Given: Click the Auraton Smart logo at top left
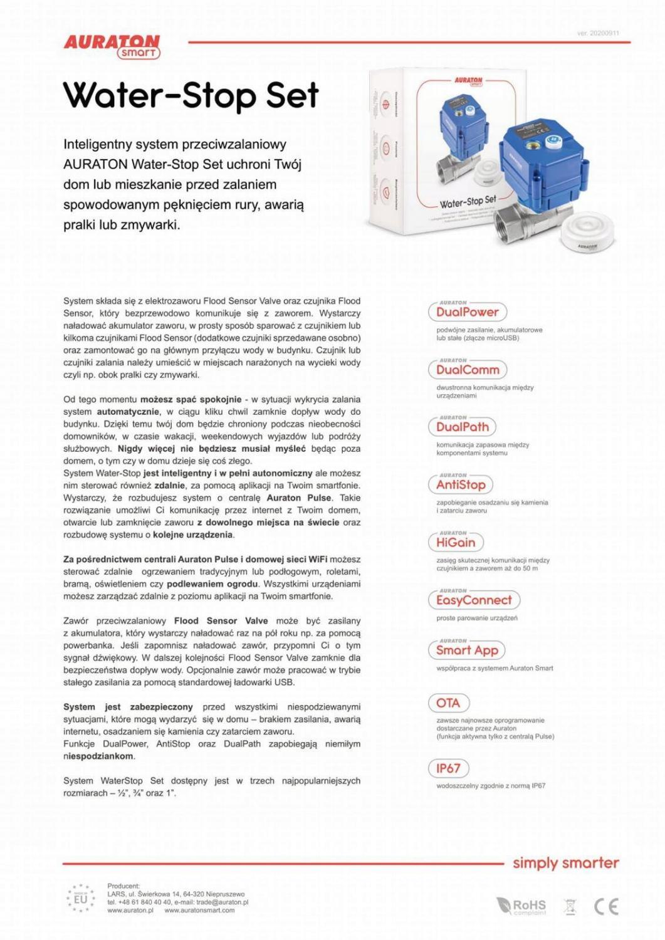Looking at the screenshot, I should pos(112,46).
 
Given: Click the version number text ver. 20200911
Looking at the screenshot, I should pos(598,33).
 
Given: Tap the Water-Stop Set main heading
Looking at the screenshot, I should pos(191,96).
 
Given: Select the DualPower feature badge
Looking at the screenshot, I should pos(467,311).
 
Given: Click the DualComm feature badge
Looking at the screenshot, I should pos(468,370).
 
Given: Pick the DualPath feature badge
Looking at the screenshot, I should pos(462,427).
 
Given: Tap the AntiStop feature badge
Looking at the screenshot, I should pos(461,484).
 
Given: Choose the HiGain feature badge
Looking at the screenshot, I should pos(456,542).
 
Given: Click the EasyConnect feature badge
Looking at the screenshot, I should pos(474,600).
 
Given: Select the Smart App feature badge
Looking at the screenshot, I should pos(467,650).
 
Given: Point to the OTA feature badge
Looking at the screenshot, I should pos(448,702).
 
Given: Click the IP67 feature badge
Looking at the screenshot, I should pos(448,768).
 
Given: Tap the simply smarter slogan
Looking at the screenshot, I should pos(565,863).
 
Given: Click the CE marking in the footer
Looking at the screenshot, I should pos(605,906).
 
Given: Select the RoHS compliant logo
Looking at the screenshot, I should pos(521,906).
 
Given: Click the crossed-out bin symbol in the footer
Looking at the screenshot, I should pos(569,906).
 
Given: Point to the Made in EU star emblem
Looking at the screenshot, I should pos(81,899).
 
